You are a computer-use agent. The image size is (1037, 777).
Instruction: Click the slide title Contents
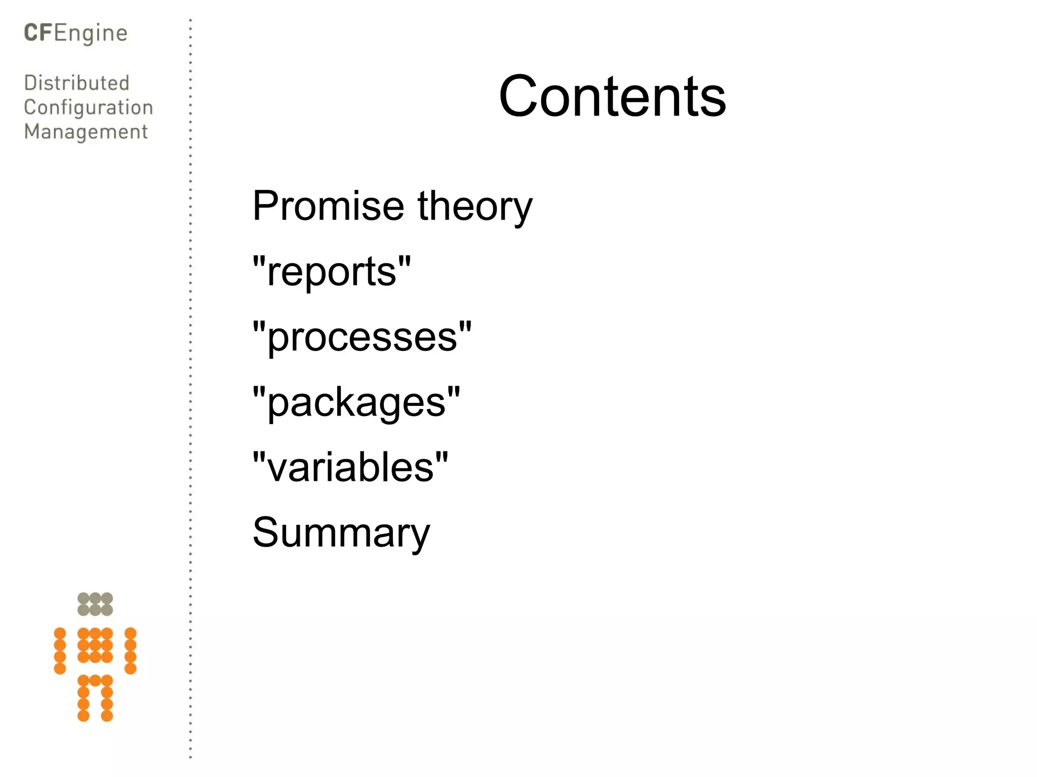(612, 96)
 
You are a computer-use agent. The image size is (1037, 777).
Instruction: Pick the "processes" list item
(362, 337)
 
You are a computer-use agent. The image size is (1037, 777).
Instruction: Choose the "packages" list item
(356, 402)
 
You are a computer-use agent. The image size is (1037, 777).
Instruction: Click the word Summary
(341, 533)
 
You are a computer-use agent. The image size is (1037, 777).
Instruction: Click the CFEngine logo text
(76, 33)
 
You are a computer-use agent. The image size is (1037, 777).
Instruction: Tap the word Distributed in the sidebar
(77, 83)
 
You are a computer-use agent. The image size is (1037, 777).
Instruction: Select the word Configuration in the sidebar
(89, 108)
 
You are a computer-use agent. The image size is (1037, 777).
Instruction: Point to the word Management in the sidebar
(86, 132)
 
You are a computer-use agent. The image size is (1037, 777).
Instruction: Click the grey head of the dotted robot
(95, 604)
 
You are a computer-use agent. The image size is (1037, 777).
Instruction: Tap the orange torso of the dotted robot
(95, 645)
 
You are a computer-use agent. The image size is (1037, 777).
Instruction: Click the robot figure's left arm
(60, 651)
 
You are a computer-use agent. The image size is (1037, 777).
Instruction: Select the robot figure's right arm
(131, 651)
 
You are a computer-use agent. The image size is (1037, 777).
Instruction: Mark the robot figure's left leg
(84, 699)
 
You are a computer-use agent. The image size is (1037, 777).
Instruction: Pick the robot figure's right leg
(107, 699)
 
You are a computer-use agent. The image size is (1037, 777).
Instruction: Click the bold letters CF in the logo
(38, 33)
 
